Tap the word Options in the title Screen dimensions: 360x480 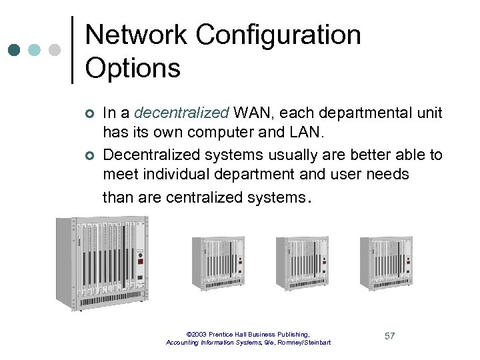coord(133,68)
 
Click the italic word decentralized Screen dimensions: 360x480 coord(181,113)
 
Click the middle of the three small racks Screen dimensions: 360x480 coord(302,263)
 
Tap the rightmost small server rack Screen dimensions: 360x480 coord(385,263)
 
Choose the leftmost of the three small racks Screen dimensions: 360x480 coord(218,263)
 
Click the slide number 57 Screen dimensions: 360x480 coord(390,336)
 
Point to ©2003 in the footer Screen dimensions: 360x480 coord(197,334)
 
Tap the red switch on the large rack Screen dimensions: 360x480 coord(141,261)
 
